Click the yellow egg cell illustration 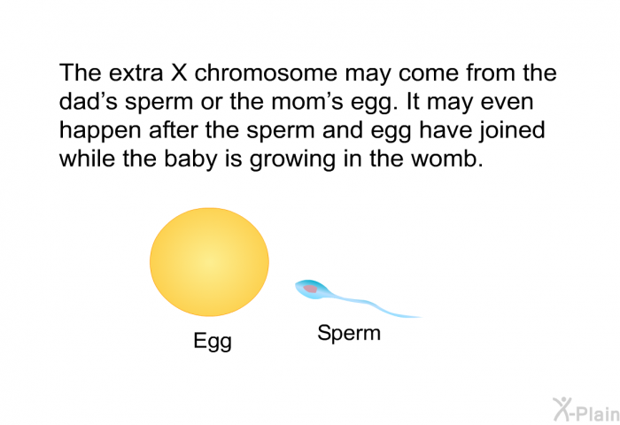tap(209, 262)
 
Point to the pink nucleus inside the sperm tap(311, 289)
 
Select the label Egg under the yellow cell tap(213, 341)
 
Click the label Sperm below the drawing tap(349, 333)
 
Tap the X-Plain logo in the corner tap(586, 409)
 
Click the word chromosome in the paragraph tap(266, 73)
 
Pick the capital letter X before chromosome tap(179, 73)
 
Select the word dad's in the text tap(89, 101)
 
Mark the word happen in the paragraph tap(100, 131)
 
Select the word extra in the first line tap(136, 73)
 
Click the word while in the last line tap(88, 158)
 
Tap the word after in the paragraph tap(174, 130)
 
